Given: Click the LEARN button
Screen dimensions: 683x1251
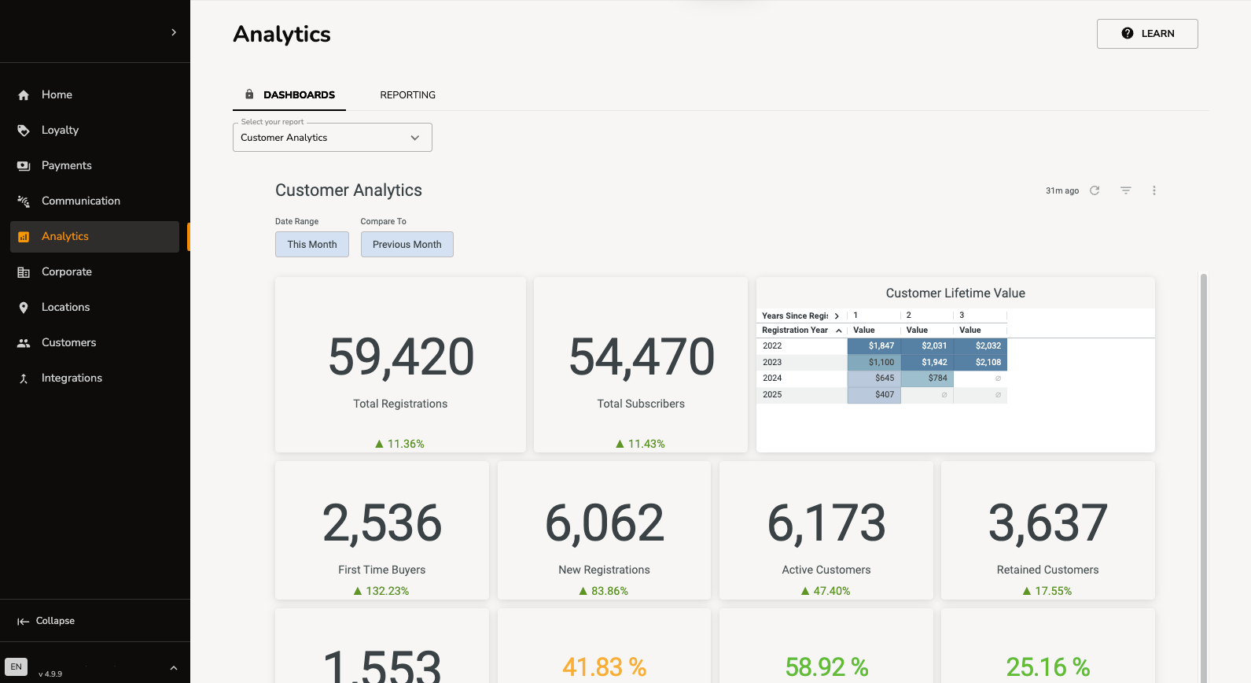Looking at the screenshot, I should coord(1147,34).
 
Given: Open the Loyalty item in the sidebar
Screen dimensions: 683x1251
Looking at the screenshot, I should coord(60,130).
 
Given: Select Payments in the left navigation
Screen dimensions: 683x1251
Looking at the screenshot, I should coord(66,165).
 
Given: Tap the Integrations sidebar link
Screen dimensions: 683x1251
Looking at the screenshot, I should coord(72,378).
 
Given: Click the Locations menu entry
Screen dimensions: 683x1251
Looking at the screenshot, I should coord(65,307).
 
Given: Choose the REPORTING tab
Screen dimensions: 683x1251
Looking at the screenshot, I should coord(407,95).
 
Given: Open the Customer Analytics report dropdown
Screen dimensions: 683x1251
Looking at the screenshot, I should coord(332,138).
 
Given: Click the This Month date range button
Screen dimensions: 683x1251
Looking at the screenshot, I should coord(312,245).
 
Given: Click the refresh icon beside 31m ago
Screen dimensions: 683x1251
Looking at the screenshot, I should coord(1095,190).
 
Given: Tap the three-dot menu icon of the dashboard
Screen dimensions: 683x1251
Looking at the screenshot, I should coord(1154,190).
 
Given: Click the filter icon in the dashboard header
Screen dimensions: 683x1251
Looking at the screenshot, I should coord(1126,190).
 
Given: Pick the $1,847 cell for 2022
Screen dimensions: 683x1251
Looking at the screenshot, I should coord(874,346).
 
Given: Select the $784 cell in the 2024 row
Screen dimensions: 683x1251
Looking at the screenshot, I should coord(928,378).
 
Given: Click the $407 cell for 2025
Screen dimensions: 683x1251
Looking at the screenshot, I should coord(874,395).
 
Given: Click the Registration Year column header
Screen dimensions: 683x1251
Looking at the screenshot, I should coord(795,330).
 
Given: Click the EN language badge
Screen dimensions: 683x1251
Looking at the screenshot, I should coord(17,667).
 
